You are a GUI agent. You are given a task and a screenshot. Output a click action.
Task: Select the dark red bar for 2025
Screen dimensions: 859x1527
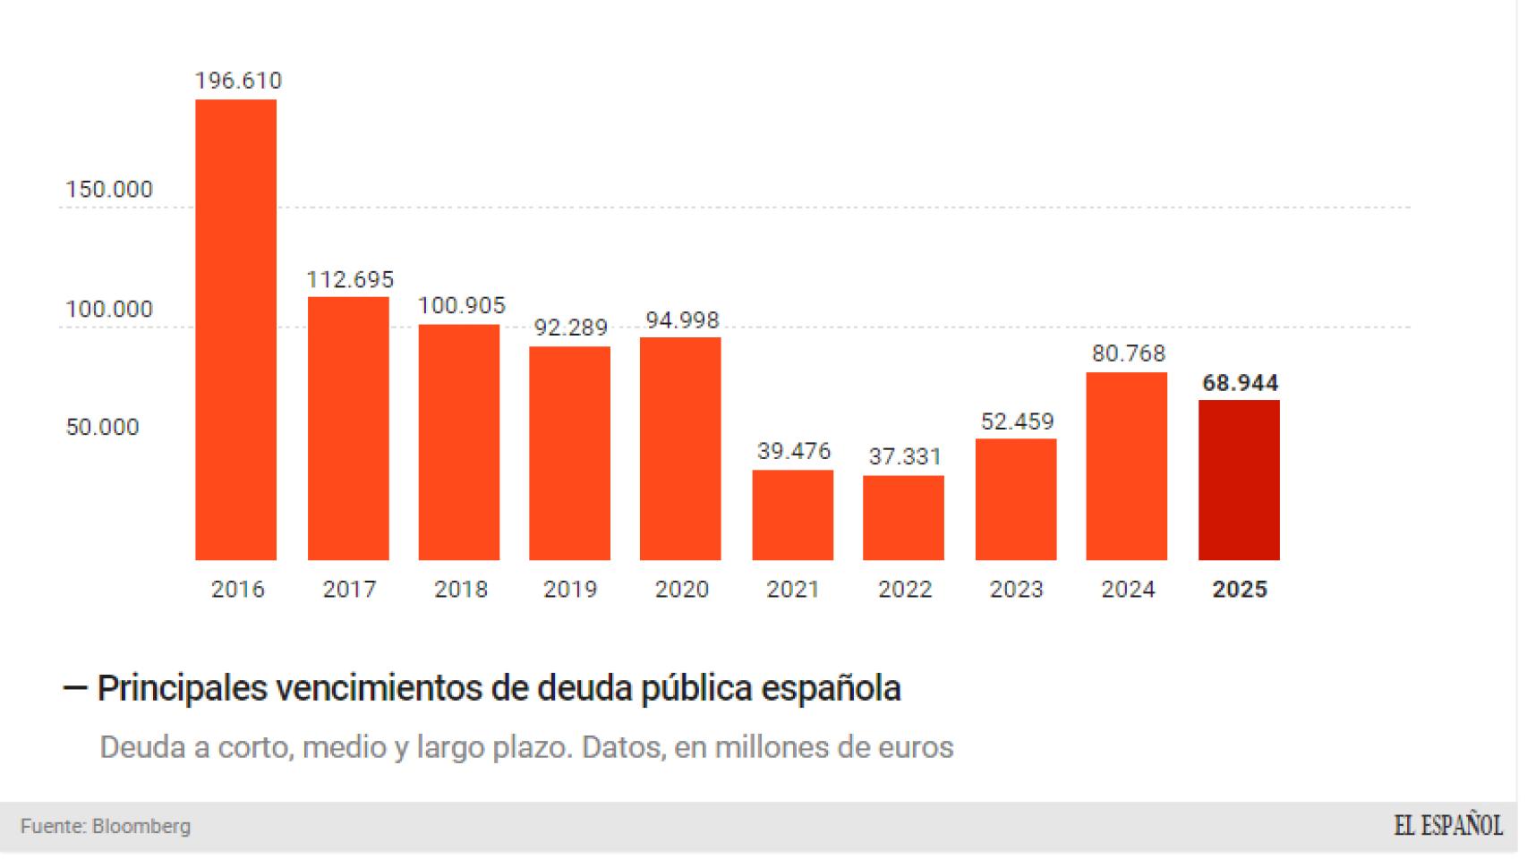1239,481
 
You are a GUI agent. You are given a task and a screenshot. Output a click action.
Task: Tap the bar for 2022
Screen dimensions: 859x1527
903,518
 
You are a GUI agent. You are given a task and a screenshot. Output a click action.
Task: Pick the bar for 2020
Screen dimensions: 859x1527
680,448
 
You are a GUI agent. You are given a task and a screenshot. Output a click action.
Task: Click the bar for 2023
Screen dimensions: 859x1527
1016,499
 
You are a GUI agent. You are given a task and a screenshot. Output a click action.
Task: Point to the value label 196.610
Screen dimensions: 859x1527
238,81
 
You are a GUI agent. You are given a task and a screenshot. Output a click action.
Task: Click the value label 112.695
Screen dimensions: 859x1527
350,279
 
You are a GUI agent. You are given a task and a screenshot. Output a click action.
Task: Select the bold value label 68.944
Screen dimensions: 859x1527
1240,383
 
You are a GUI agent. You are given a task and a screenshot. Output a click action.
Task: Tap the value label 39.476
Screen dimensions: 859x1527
794,451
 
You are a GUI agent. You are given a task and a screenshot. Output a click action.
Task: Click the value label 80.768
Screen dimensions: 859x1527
1128,353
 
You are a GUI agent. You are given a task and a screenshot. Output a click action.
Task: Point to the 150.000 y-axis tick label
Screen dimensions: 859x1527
109,190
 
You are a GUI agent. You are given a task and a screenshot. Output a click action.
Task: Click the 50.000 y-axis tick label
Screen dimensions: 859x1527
102,427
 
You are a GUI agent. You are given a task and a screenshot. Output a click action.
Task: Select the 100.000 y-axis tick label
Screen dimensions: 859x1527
109,310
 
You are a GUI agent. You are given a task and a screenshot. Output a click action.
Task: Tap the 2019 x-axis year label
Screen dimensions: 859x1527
570,590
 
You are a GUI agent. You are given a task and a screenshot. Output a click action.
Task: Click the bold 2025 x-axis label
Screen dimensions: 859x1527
1240,590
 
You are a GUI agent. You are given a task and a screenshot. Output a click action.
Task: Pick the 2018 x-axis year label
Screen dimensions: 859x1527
461,590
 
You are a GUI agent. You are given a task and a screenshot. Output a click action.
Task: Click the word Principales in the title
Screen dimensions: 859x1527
182,688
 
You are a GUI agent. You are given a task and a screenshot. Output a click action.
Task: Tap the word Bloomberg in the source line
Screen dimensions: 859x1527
141,827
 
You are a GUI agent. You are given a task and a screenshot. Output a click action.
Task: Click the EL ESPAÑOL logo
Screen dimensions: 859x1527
1447,826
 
